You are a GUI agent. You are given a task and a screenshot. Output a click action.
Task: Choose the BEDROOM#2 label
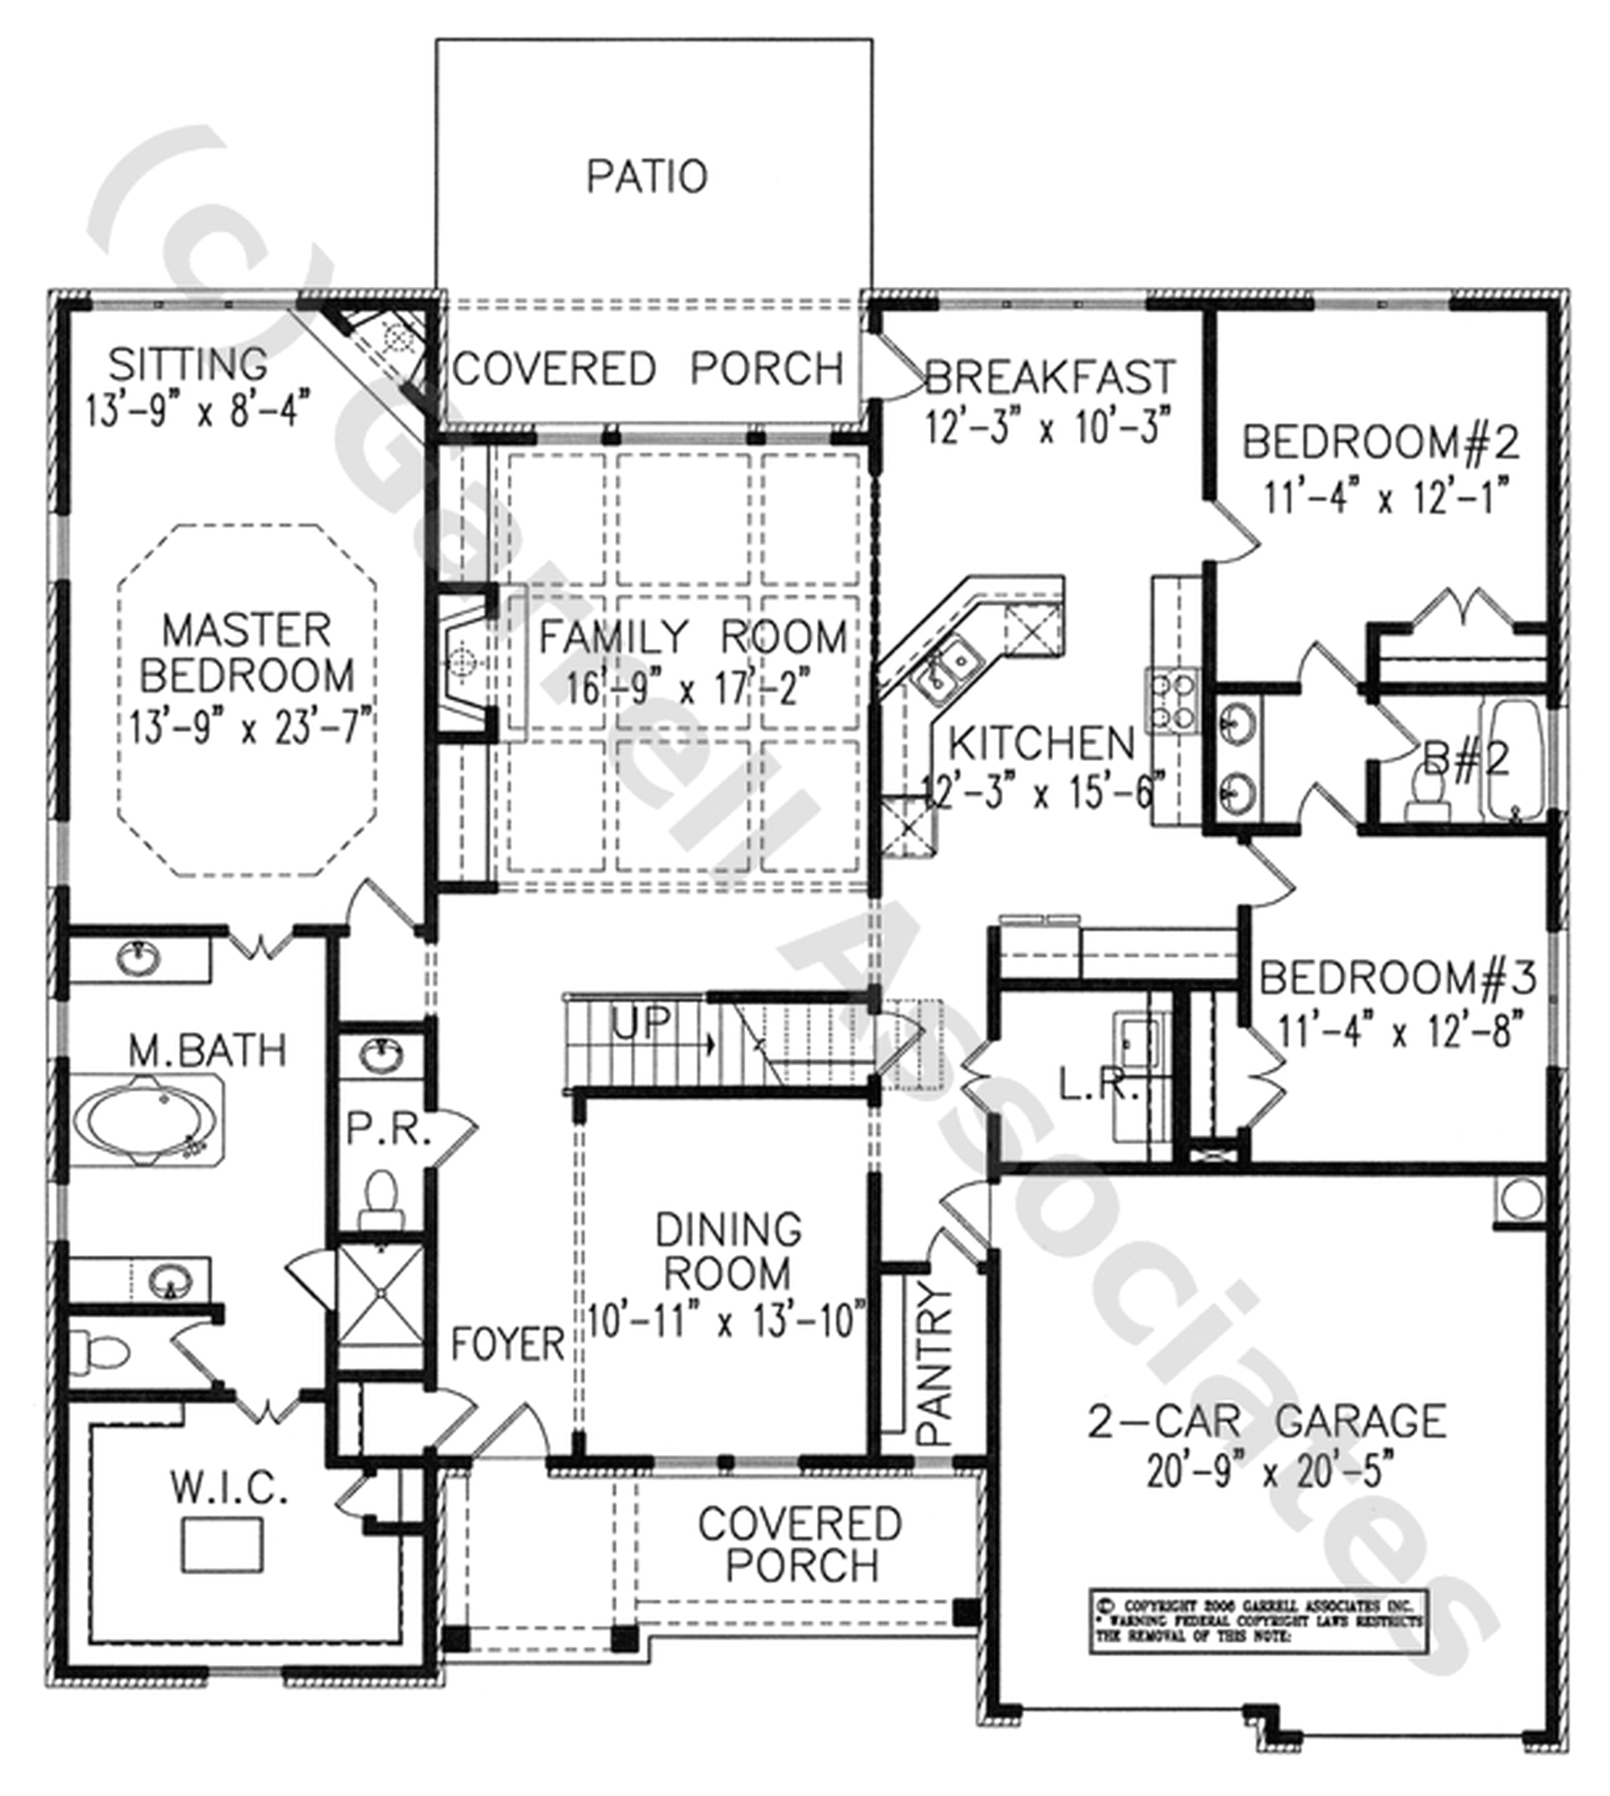[x=1380, y=442]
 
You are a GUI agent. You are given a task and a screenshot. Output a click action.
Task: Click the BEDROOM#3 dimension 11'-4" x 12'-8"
[x=1398, y=1031]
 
